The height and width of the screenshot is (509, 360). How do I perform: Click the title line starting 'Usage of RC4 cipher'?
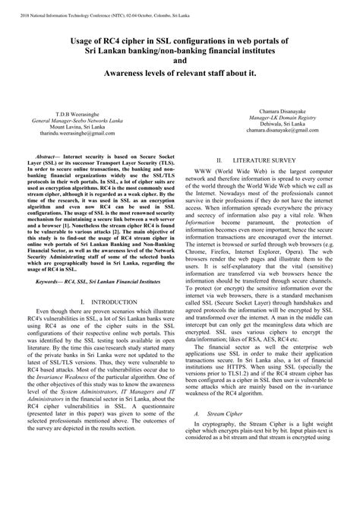(179, 38)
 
